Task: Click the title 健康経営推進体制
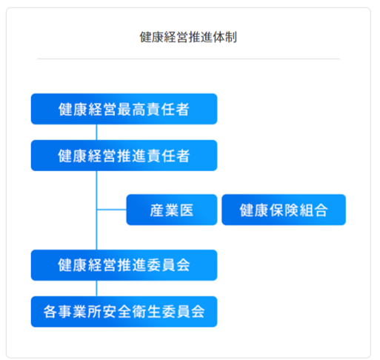tap(188, 37)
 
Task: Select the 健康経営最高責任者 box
tap(124, 109)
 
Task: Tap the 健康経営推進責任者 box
tap(124, 156)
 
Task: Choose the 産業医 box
tap(172, 210)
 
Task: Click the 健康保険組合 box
tap(284, 210)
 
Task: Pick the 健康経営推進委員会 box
tap(124, 265)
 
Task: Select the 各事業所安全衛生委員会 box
tap(124, 312)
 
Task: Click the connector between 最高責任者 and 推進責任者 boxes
tap(96, 132)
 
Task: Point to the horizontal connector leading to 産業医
tap(112, 210)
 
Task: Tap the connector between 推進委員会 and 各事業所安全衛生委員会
tap(96, 288)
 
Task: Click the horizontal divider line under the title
tap(188, 59)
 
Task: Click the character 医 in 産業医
tap(187, 210)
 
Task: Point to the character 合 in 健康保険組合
tap(321, 210)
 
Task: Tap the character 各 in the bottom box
tap(50, 312)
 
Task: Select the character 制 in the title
tap(231, 37)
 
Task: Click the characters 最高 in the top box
tap(131, 110)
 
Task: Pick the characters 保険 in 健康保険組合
tap(284, 210)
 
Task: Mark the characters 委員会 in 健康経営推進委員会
tap(168, 265)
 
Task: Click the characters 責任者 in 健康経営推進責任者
tap(168, 156)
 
